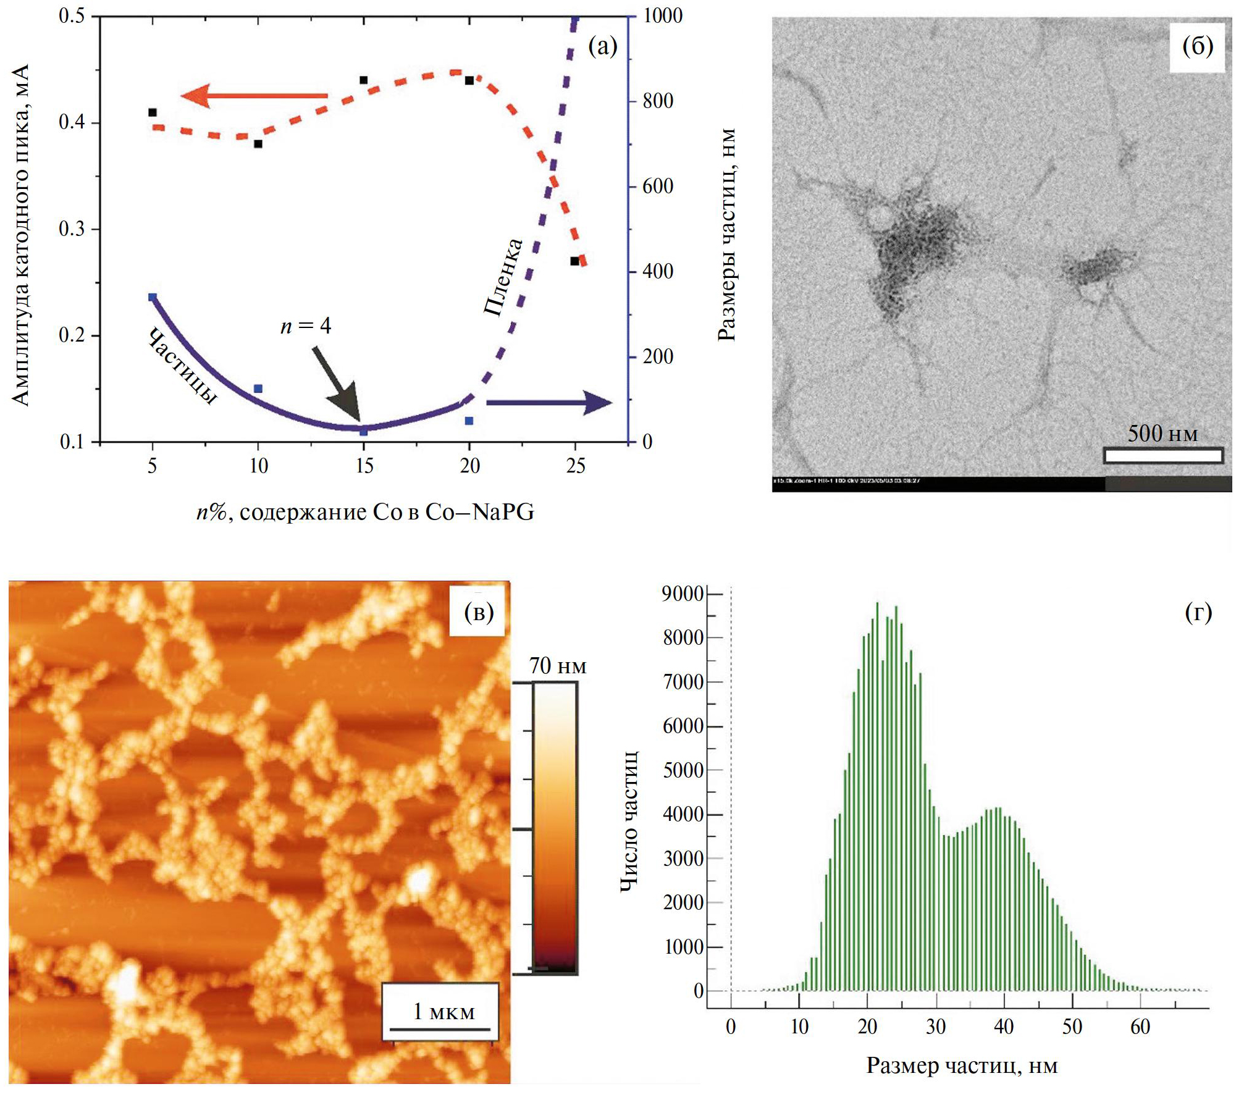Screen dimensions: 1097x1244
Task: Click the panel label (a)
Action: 602,46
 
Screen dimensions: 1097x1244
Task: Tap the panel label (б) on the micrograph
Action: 1197,46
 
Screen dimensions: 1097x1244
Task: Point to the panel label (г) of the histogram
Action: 1198,612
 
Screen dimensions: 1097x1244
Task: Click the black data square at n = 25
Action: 574,261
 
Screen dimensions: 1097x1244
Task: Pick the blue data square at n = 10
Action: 258,389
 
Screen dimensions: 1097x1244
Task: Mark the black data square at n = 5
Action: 153,112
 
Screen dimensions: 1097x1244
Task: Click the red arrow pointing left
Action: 253,96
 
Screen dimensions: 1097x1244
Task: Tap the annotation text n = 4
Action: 306,326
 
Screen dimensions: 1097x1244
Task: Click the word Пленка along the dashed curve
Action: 503,277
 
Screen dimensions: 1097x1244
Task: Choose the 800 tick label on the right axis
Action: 658,101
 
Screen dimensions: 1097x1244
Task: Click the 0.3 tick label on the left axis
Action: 72,229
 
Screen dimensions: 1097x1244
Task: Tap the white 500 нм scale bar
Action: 1162,456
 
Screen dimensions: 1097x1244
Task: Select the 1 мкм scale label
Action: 443,1011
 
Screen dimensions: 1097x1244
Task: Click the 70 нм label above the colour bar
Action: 557,666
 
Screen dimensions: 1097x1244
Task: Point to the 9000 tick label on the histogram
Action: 683,594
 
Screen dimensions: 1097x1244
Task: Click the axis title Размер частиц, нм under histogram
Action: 962,1065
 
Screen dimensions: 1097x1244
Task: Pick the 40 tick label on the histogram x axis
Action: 1004,1027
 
